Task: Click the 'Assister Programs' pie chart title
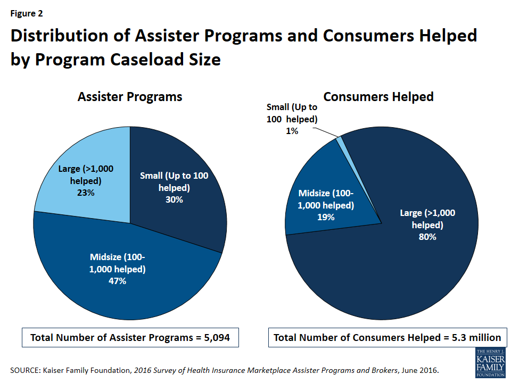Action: (130, 97)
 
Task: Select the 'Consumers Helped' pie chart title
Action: (378, 97)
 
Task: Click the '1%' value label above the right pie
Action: (291, 130)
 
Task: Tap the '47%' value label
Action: (117, 281)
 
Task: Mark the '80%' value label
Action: (427, 237)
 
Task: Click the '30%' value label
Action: (174, 199)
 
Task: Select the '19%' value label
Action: (326, 217)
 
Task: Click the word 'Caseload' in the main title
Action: (151, 60)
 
